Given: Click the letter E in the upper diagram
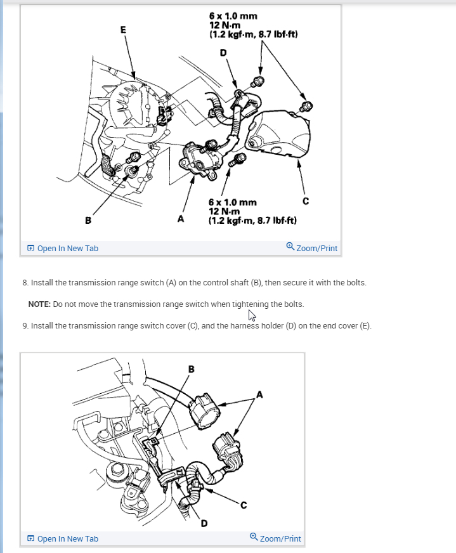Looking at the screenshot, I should [x=122, y=29].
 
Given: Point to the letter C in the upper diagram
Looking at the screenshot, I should [x=306, y=202].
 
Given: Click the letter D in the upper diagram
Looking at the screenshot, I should [x=223, y=52].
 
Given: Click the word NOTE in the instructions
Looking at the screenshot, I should [x=39, y=304].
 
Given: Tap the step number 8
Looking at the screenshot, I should [x=24, y=282].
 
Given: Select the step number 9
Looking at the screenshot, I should [x=24, y=325].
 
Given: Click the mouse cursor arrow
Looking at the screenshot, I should [x=252, y=316].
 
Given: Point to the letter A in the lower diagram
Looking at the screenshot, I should [x=259, y=394].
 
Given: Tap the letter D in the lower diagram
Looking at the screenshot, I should [x=204, y=523].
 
